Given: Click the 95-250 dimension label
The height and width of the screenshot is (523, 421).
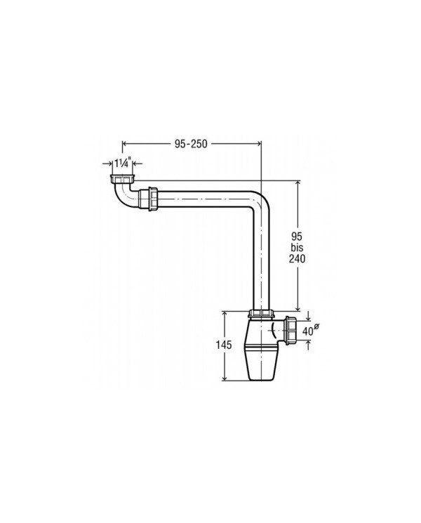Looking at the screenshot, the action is tap(191, 144).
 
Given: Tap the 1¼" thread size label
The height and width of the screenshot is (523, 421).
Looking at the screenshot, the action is tap(121, 164).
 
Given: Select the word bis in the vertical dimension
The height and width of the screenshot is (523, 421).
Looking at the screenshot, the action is tap(297, 247).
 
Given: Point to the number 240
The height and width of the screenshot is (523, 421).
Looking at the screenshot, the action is tap(297, 258).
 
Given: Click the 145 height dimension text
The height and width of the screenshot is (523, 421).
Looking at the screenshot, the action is tap(223, 345).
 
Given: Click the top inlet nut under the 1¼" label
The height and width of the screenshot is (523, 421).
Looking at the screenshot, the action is tap(122, 179).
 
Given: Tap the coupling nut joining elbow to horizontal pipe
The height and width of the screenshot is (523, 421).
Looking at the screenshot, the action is tap(153, 199).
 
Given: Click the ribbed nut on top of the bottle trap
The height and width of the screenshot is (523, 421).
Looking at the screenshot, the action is tap(261, 314).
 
